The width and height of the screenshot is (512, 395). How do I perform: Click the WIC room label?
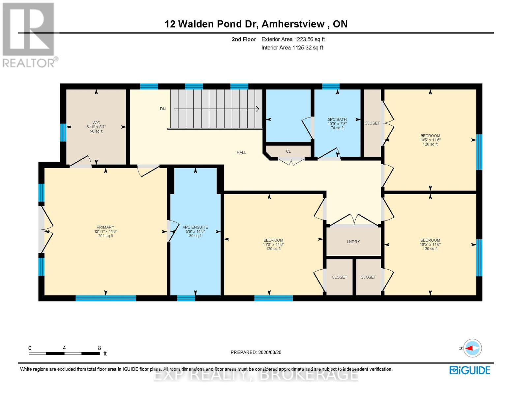tap(96, 123)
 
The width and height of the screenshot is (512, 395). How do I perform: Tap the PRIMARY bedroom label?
tap(105, 227)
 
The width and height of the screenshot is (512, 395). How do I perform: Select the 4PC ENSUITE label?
tap(195, 227)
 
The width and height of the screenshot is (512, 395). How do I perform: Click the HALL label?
tap(241, 152)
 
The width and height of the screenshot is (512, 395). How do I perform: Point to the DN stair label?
tap(163, 109)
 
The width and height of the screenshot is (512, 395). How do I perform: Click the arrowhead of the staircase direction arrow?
tap(257, 109)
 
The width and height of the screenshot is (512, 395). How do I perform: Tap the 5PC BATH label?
tap(337, 119)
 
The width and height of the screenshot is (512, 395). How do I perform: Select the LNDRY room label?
tap(353, 242)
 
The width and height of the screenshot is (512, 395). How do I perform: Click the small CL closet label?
tap(288, 151)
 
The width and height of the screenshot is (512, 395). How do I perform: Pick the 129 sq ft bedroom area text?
tap(273, 249)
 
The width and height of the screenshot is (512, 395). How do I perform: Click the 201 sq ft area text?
tap(105, 236)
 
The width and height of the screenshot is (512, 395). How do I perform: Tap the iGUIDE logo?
tap(470, 370)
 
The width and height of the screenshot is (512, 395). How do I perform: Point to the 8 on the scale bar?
tap(99, 348)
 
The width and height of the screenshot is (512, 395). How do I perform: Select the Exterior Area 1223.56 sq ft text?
tap(293, 39)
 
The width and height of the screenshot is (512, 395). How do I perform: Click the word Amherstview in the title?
tap(295, 24)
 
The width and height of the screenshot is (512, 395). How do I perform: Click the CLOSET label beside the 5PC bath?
tap(372, 123)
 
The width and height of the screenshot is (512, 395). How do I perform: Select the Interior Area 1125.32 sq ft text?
tap(292, 48)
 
